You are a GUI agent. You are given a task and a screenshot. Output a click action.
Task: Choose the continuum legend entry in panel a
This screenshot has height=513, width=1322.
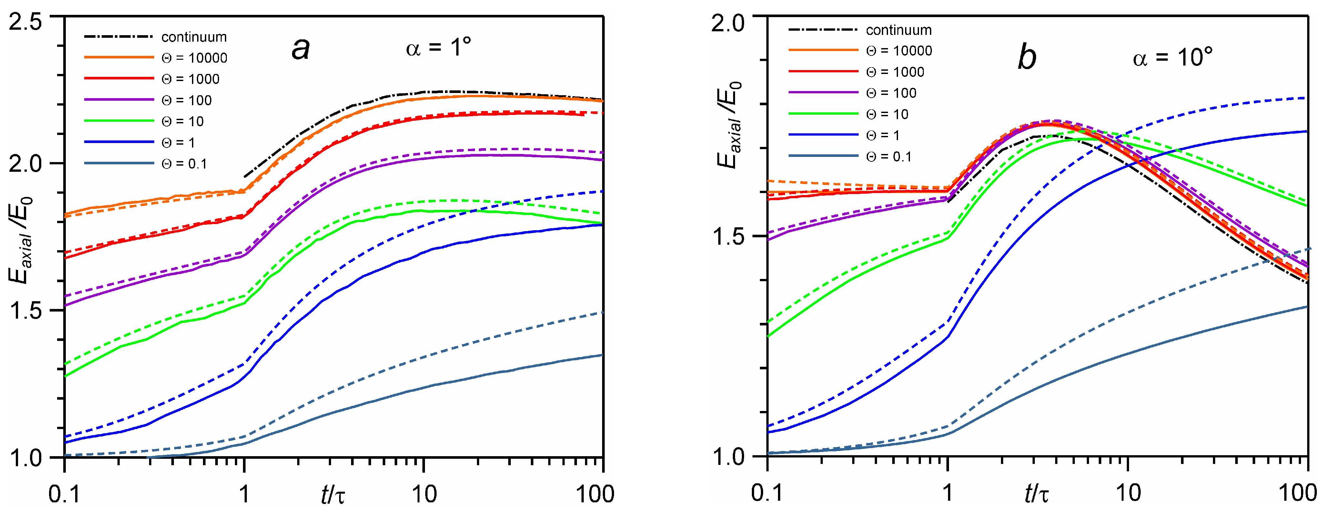pyautogui.click(x=194, y=37)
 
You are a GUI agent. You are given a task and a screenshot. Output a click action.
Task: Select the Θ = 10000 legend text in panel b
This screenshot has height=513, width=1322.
pyautogui.click(x=899, y=50)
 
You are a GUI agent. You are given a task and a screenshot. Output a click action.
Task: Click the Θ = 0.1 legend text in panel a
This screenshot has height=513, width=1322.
pyautogui.click(x=184, y=164)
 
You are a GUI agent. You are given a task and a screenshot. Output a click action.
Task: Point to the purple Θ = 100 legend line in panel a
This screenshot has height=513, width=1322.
pyautogui.click(x=119, y=100)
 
